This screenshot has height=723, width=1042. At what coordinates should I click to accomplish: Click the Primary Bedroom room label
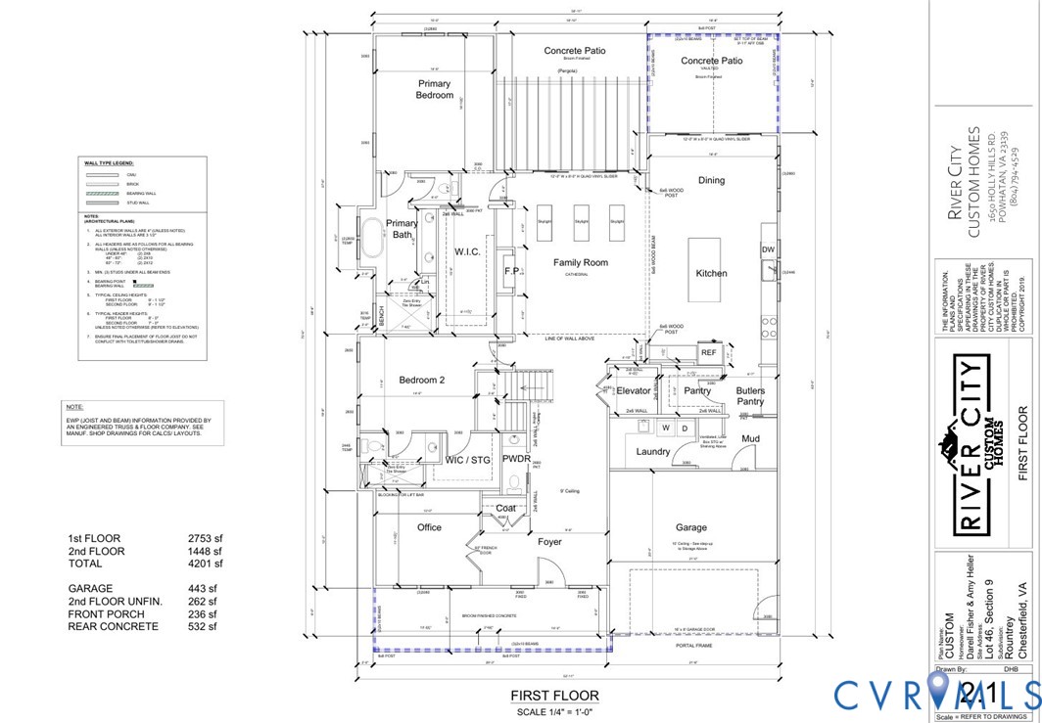click(x=435, y=89)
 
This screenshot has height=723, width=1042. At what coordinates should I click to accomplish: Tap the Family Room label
click(x=580, y=262)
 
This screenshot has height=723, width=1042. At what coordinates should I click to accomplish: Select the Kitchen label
click(x=711, y=273)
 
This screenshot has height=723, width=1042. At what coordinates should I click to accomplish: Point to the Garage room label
click(x=691, y=526)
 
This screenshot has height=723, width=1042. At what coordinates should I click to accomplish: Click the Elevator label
click(x=634, y=391)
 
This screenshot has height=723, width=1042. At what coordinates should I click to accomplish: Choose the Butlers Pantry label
click(x=750, y=396)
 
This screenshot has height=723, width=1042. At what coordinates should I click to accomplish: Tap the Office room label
click(x=429, y=527)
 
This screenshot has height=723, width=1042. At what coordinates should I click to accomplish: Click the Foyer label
click(x=550, y=541)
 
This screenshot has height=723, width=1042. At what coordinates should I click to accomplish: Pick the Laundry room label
click(x=652, y=452)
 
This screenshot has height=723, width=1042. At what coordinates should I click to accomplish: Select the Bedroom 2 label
click(x=422, y=380)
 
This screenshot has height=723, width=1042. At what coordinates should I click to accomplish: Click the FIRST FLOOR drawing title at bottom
click(x=554, y=696)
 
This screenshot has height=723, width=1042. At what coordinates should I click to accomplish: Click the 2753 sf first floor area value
click(x=206, y=538)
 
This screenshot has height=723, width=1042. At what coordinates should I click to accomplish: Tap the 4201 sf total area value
click(x=206, y=564)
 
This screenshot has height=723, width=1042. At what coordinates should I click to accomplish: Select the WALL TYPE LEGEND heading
click(x=109, y=163)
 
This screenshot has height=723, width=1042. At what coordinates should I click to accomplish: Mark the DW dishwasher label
click(x=768, y=251)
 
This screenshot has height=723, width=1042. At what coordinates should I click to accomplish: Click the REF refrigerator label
click(x=708, y=352)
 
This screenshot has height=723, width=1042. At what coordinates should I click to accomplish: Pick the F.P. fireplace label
click(x=510, y=271)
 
